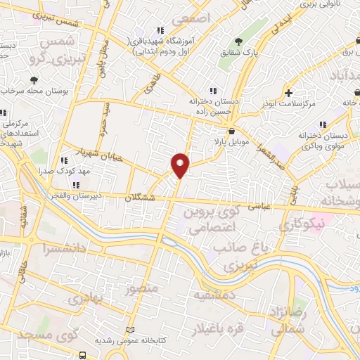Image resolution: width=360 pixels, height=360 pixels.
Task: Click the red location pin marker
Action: click(x=180, y=165)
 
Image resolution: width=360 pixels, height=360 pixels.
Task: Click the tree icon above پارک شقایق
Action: click(x=238, y=40)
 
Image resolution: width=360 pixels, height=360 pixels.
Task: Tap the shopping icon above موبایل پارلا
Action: click(x=231, y=130)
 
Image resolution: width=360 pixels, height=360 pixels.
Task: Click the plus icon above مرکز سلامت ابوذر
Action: click(x=289, y=92)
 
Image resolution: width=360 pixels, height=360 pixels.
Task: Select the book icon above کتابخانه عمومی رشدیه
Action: click(x=129, y=329)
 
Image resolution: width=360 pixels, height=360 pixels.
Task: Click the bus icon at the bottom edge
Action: click(x=83, y=355)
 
